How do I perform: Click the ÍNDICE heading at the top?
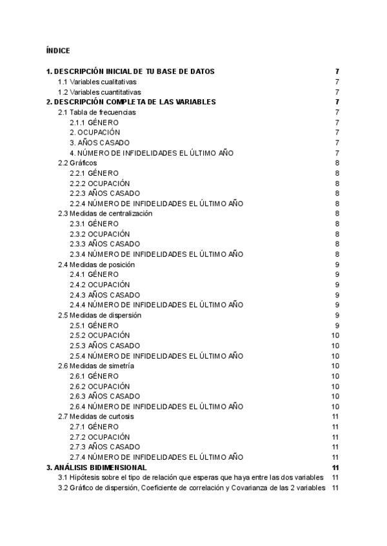point(58,50)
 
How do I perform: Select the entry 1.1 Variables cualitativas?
point(97,82)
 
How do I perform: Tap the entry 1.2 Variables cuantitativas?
point(99,92)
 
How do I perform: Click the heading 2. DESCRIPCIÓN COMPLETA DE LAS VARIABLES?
point(131,102)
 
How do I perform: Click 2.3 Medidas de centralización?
point(105,214)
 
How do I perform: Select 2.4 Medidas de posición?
point(97,264)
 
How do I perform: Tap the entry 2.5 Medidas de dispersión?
point(99,315)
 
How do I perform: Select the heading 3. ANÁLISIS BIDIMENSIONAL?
point(97,467)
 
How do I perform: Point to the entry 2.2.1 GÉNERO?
point(94,173)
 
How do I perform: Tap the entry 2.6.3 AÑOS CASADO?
point(104,396)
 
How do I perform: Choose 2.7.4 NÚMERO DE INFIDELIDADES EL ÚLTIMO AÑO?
point(156,457)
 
